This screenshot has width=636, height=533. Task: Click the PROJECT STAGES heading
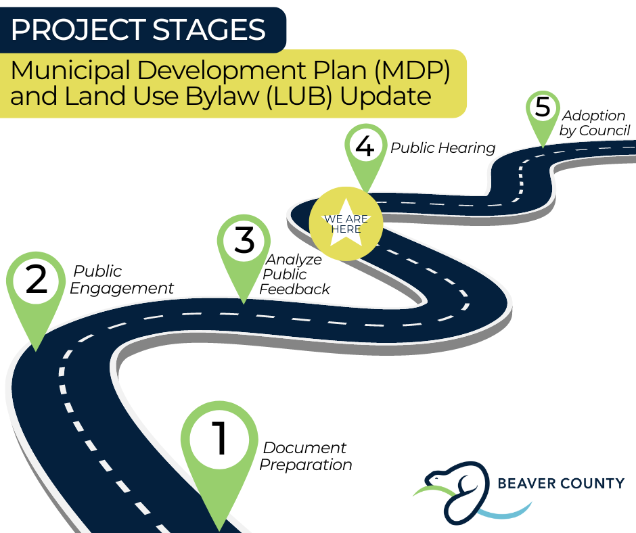pos(138,30)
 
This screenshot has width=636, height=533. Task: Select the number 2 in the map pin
pos(36,279)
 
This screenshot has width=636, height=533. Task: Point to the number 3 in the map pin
pos(244,240)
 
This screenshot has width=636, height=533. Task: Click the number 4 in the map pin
pos(365,145)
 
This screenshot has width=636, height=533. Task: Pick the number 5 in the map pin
pos(543,107)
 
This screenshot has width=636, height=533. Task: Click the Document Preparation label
pos(305,456)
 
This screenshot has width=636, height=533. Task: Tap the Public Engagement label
pos(121,279)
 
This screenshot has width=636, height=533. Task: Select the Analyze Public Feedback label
pos(294,274)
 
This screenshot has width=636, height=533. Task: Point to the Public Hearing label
pos(443,147)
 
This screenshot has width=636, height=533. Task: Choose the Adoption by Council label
pos(595,123)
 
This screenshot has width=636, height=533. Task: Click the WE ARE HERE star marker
pos(346,223)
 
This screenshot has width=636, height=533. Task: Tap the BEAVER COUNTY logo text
pos(561,483)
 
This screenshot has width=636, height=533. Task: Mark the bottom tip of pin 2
pos(36,350)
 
